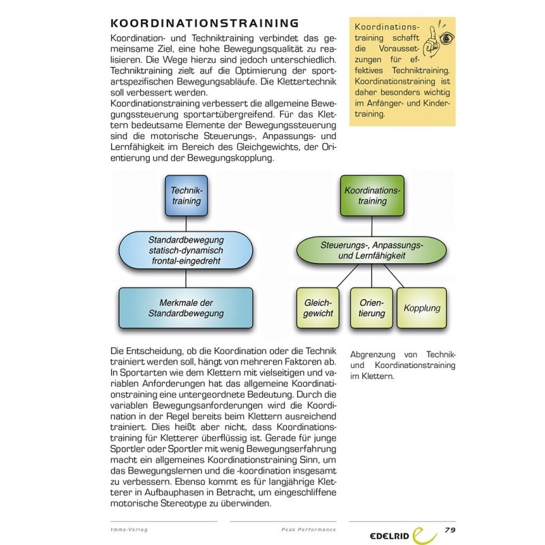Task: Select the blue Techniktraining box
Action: coord(186,196)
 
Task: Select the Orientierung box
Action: coord(371,308)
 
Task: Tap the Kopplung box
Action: coord(422,308)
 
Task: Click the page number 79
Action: coord(450,529)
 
